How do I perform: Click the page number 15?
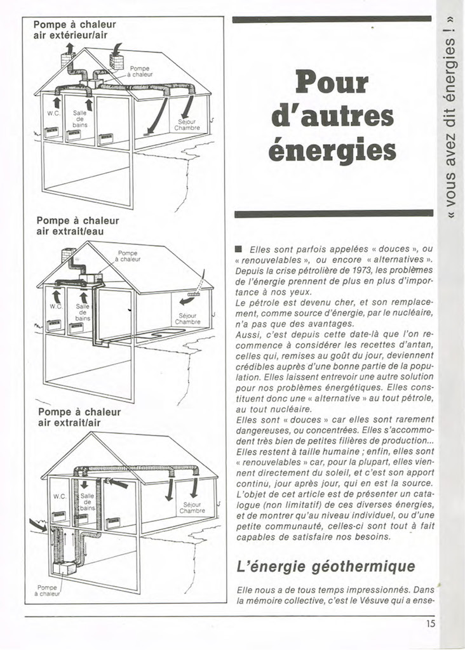(x=431, y=624)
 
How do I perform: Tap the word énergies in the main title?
(x=332, y=150)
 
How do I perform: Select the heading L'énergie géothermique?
(x=325, y=565)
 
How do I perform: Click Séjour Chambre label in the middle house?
(x=187, y=319)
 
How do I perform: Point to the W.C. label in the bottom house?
(x=60, y=496)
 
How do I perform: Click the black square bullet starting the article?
(x=238, y=249)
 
